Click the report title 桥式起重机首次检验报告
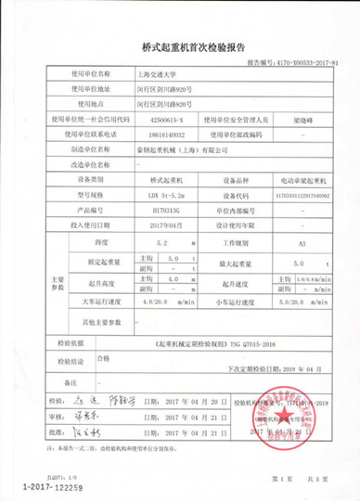(179, 45)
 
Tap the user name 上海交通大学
(161, 72)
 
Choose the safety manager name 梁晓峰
(305, 120)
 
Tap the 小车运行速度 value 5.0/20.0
(291, 301)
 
